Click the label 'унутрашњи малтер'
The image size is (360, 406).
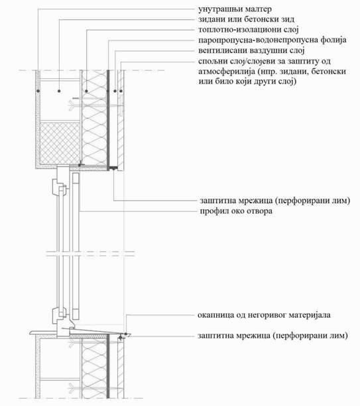click(235, 9)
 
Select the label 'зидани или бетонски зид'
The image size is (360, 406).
click(246, 19)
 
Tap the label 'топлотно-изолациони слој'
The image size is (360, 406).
click(249, 30)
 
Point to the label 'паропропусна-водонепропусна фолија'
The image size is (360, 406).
click(272, 40)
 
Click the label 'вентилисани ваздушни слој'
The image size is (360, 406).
click(251, 50)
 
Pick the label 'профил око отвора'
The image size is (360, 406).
click(236, 211)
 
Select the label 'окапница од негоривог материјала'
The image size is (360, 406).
click(264, 315)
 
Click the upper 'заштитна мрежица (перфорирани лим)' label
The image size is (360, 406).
click(274, 201)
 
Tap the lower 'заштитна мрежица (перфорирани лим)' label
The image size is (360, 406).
click(272, 336)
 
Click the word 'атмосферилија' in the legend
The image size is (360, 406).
click(227, 72)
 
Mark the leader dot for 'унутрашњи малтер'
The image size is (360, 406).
click(38, 91)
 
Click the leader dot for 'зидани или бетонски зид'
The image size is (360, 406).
click(60, 91)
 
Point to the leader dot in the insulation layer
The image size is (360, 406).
click(86, 91)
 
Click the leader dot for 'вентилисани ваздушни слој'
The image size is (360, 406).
click(115, 91)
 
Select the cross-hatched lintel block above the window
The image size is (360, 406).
click(60, 143)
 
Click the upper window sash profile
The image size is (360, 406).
click(58, 186)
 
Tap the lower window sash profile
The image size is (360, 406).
click(58, 315)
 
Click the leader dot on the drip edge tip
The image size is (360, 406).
click(126, 334)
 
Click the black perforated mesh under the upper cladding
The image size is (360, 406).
click(113, 168)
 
